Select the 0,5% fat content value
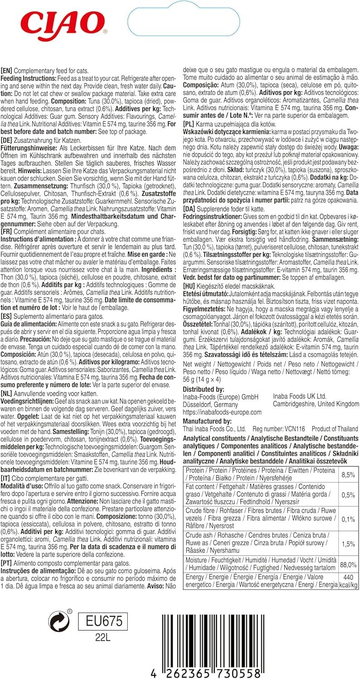(x=348, y=495)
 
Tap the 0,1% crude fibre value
(x=348, y=519)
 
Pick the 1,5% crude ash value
(x=348, y=544)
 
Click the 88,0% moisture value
(x=348, y=564)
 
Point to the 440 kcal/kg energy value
(x=348, y=581)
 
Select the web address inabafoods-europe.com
(x=221, y=412)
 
